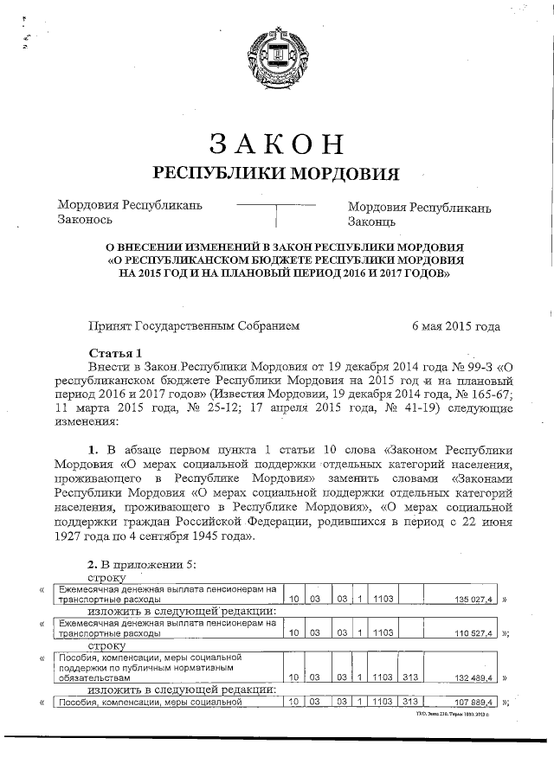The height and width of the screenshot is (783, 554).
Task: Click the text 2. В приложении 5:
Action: point(143,564)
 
